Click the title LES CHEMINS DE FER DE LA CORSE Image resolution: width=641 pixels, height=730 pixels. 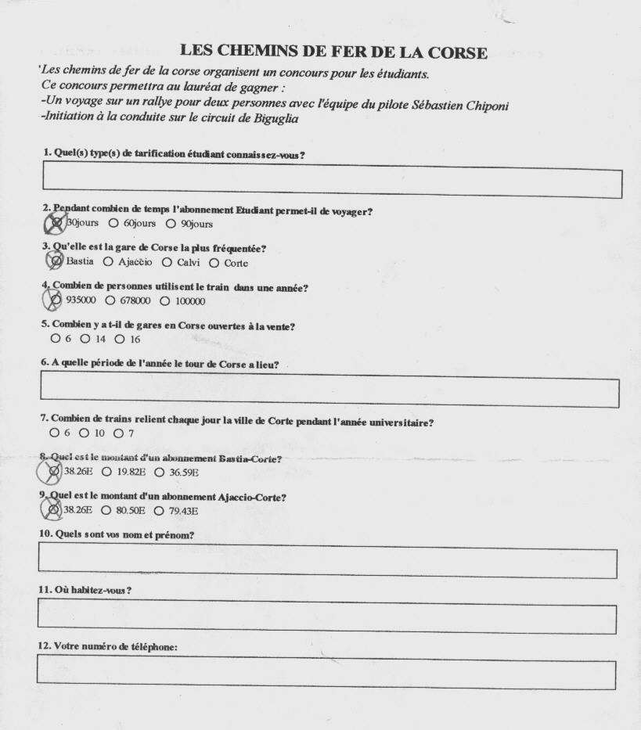click(333, 52)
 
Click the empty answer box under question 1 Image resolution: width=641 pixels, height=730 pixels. click(332, 182)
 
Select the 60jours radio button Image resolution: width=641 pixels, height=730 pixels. click(113, 223)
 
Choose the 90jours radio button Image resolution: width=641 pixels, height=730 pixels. click(171, 223)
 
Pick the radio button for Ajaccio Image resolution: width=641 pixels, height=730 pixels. click(108, 261)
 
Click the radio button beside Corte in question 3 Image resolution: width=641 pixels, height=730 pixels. click(214, 263)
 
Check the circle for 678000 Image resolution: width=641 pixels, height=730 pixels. click(110, 300)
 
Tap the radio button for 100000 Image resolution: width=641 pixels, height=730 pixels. click(164, 301)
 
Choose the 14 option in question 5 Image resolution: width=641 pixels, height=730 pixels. click(85, 339)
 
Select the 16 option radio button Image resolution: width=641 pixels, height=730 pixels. click(120, 339)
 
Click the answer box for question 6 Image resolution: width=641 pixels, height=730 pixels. click(330, 391)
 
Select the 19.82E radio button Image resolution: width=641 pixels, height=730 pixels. click(106, 472)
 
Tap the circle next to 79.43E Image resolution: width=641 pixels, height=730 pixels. click(159, 511)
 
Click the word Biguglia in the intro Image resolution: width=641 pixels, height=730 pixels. click(276, 119)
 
